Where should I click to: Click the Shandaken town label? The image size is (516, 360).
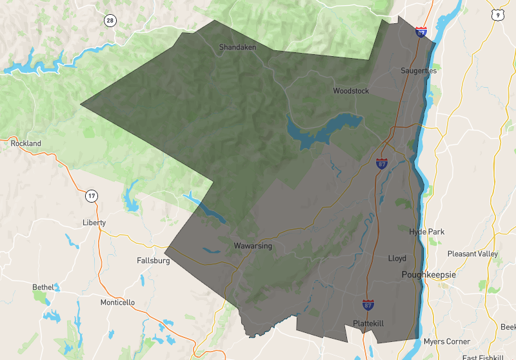(237, 47)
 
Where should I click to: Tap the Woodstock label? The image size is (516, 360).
(351, 91)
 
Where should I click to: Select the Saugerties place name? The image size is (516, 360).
(419, 70)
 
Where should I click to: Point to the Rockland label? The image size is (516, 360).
(26, 143)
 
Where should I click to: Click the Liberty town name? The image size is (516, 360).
(94, 223)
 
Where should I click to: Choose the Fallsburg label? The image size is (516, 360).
(154, 261)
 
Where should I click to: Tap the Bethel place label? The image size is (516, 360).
(44, 287)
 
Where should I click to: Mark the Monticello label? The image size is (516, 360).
(118, 302)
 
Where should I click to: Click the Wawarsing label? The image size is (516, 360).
(253, 246)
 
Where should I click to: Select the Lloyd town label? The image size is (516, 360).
(397, 258)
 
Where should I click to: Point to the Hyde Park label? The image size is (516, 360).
(427, 232)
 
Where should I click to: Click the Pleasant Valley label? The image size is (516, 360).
(473, 254)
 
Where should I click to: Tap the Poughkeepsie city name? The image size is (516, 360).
(428, 275)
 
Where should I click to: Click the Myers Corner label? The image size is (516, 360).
(447, 341)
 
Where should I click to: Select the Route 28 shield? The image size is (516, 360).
(110, 21)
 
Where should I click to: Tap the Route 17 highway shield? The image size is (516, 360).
(92, 195)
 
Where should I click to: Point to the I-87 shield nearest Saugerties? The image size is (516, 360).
(421, 31)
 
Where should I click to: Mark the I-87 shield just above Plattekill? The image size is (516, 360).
(368, 304)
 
